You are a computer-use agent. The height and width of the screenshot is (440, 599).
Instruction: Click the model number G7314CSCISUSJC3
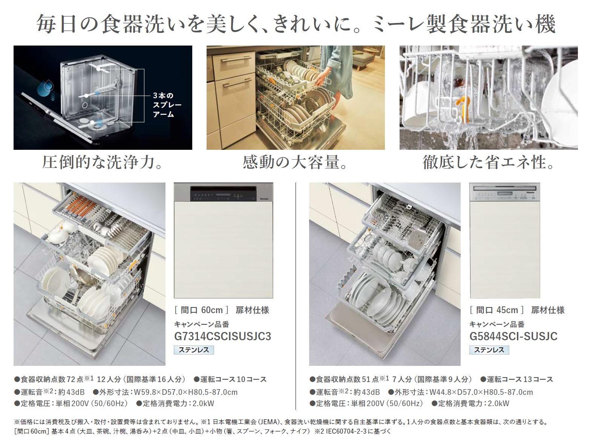(x=222, y=336)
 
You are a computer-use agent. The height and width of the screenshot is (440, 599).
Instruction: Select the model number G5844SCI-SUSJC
(x=513, y=336)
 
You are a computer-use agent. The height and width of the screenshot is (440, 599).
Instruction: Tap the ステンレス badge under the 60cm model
(x=194, y=350)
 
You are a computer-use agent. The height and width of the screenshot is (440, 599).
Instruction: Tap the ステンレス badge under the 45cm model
(x=489, y=350)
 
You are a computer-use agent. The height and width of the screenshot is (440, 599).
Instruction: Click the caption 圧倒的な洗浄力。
(x=103, y=162)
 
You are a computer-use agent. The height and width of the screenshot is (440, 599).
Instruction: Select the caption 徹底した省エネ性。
(x=489, y=162)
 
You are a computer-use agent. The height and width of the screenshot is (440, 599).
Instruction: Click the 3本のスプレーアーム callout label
(x=167, y=105)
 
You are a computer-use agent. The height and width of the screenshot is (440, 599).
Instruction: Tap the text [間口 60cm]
(x=201, y=310)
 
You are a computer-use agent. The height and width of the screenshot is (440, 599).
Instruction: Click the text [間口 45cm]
(x=496, y=310)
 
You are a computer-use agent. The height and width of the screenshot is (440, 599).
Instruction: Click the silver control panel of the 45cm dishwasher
(x=505, y=192)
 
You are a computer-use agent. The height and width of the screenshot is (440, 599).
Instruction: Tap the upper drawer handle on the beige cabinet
(x=236, y=59)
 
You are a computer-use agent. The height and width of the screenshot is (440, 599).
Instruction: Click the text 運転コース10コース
(x=230, y=379)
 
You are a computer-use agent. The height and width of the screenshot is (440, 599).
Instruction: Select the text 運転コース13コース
(x=517, y=379)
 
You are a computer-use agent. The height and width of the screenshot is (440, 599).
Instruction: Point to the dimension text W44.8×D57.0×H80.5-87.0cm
(x=481, y=392)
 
